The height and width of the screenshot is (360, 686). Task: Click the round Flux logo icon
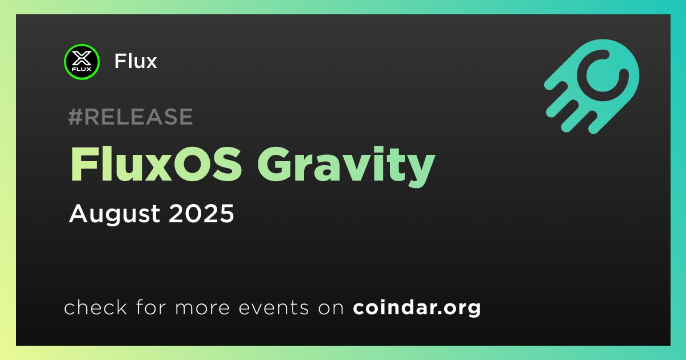tap(82, 62)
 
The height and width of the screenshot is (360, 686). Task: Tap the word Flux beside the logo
tap(135, 61)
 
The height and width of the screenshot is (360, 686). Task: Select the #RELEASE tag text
tap(130, 117)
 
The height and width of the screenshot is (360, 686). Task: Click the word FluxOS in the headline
tap(156, 165)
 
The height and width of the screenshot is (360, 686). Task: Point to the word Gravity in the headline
tap(346, 167)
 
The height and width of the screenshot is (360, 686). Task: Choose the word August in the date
tap(114, 214)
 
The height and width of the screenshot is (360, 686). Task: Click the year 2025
tap(201, 213)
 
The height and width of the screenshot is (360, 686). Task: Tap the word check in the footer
tap(95, 307)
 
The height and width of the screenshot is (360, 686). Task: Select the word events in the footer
tap(273, 307)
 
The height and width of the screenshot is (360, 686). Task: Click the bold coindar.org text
tap(417, 308)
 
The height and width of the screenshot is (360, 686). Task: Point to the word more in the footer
tap(202, 308)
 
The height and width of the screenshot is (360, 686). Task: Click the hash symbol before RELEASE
tap(75, 117)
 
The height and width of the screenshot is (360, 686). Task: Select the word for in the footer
tap(151, 307)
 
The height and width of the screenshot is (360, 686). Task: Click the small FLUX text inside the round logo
tap(82, 69)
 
